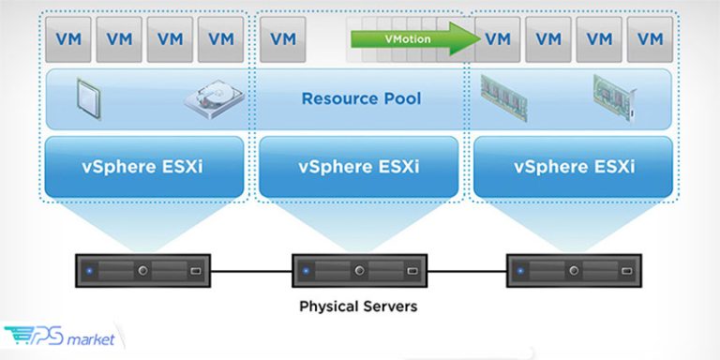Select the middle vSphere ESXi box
(x=358, y=166)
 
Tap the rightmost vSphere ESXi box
(x=574, y=166)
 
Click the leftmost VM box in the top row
(x=68, y=39)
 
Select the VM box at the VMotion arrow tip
(x=498, y=39)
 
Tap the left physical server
(x=143, y=270)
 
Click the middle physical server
(x=357, y=270)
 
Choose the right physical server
(x=573, y=270)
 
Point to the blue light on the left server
(x=89, y=270)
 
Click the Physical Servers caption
(x=358, y=306)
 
